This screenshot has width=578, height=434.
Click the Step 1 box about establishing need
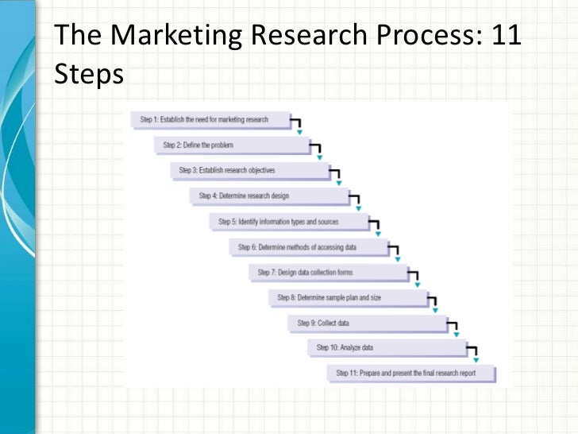(x=210, y=120)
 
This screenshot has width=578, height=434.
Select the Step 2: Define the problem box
(x=229, y=145)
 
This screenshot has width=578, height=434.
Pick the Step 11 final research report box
(x=410, y=373)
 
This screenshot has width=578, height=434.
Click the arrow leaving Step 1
(x=298, y=126)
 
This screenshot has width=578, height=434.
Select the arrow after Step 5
(x=376, y=227)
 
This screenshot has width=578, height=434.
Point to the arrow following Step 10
(x=473, y=354)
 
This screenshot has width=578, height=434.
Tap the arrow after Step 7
(x=414, y=278)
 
